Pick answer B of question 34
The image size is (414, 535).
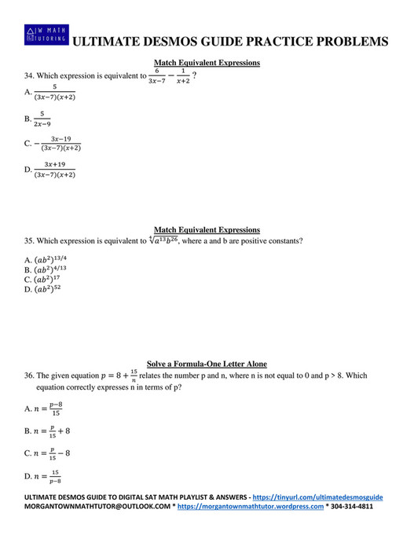coord(39,119)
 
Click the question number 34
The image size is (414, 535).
coord(29,76)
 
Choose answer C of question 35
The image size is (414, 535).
coord(43,279)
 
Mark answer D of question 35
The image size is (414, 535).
coord(43,289)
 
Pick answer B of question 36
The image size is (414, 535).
coord(48,431)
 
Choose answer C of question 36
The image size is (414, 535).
coord(48,453)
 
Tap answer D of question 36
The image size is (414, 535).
coord(44,476)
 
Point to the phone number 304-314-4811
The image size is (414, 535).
coord(351,508)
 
